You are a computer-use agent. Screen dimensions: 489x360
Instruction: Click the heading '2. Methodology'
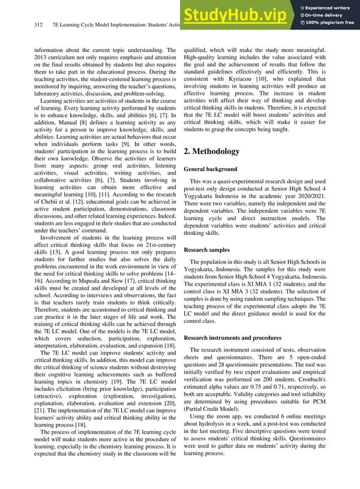[x=212, y=151]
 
